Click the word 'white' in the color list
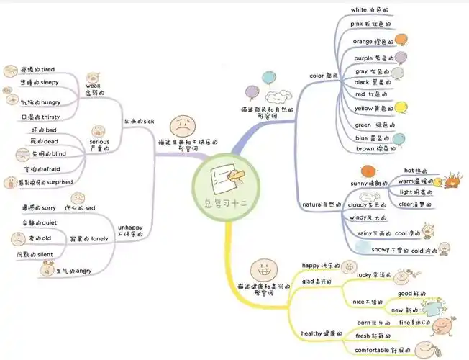coord(359,9)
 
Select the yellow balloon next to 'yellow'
coord(403,108)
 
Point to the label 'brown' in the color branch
coord(365,149)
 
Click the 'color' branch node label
coord(317,75)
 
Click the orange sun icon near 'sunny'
coord(368,171)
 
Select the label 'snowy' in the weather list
coord(381,250)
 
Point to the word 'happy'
coord(310,265)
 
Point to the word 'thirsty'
coord(51,117)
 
